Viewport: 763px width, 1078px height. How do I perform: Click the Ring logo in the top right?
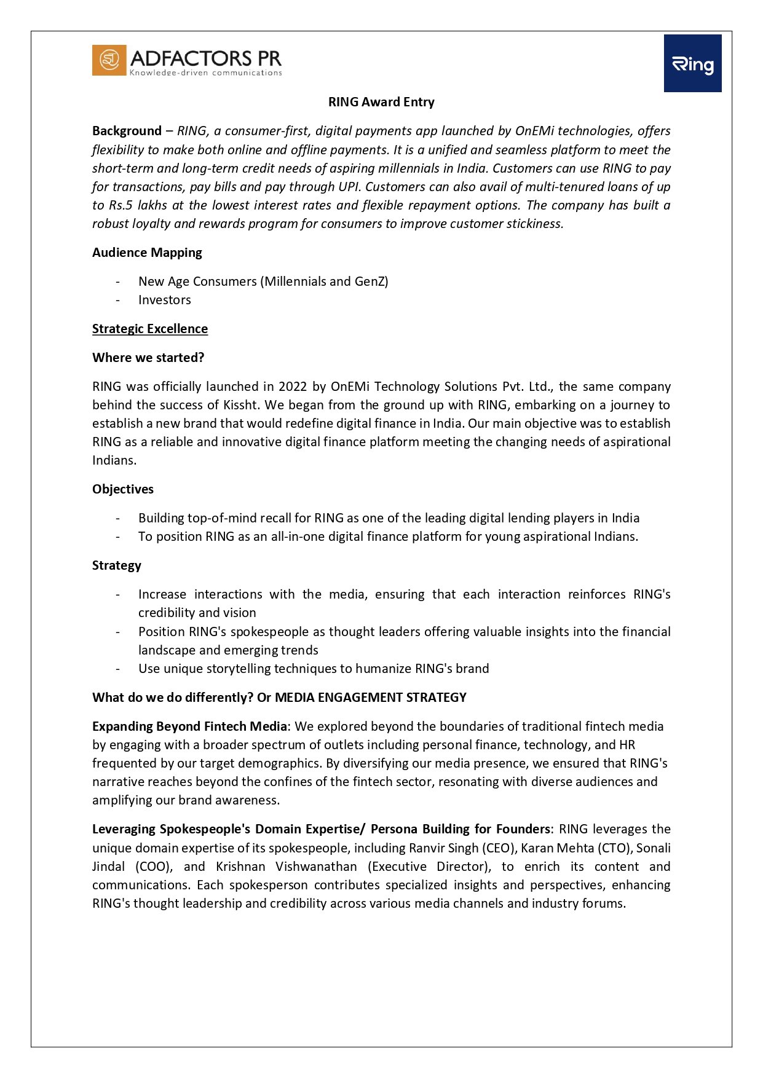(x=692, y=63)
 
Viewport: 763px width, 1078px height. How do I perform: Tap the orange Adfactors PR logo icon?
(x=109, y=60)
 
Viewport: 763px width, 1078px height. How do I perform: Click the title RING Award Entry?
(x=381, y=102)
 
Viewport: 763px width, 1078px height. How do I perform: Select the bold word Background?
(x=127, y=131)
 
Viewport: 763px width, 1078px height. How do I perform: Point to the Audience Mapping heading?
(x=147, y=253)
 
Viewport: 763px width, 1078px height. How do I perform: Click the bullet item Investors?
(x=165, y=300)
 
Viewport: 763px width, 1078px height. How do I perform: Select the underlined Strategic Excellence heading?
(x=150, y=329)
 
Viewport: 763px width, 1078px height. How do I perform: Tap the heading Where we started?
(x=148, y=358)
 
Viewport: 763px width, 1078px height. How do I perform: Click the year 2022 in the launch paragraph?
(x=293, y=387)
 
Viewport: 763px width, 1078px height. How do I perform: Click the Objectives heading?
(x=123, y=489)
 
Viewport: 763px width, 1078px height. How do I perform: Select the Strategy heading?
(x=117, y=565)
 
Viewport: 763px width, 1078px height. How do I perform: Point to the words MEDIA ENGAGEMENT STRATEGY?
(x=371, y=698)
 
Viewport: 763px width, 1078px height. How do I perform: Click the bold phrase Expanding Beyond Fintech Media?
(x=189, y=726)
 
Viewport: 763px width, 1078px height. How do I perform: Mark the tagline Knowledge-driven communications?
(x=205, y=73)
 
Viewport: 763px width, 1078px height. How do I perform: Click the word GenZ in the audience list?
(x=369, y=281)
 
